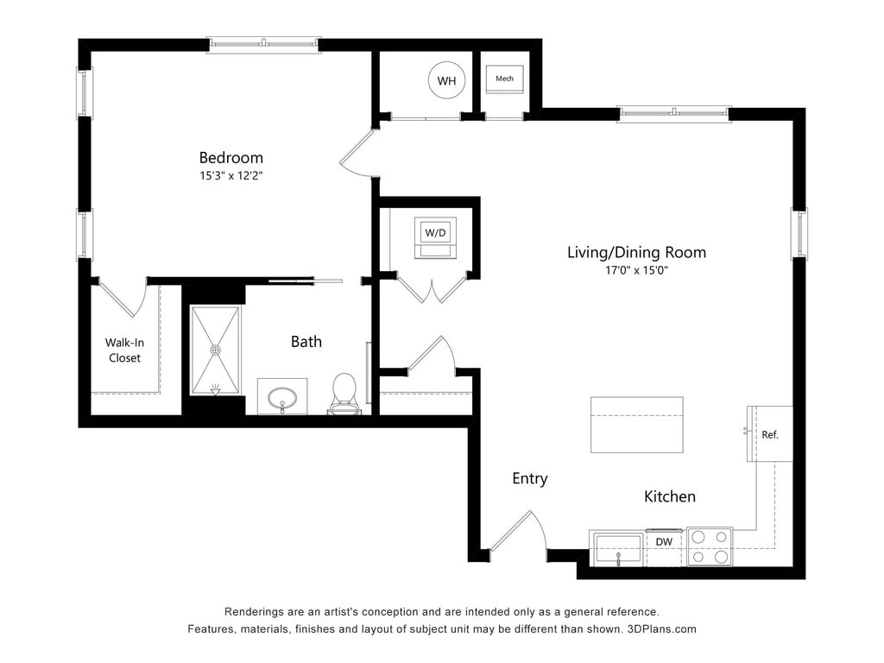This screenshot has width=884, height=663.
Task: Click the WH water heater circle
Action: tap(446, 80)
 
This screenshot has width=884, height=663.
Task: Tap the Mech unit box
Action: tap(504, 79)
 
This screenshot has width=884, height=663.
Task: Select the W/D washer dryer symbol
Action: tap(435, 237)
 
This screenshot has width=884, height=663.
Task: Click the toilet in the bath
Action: tap(344, 394)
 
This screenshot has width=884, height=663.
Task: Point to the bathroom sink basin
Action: tap(282, 399)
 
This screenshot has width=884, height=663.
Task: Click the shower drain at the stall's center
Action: tap(215, 350)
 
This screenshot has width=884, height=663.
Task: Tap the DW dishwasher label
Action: tap(664, 542)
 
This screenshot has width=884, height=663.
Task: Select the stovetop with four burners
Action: tap(710, 546)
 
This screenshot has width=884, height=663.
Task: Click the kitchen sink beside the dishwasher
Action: tap(618, 550)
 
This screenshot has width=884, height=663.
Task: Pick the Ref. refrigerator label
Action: tap(769, 435)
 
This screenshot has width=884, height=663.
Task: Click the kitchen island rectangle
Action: tap(637, 425)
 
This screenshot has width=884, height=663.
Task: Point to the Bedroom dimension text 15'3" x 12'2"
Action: tap(231, 175)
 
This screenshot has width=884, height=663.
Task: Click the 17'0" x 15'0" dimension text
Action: tap(636, 270)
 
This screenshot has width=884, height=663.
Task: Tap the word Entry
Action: tap(530, 478)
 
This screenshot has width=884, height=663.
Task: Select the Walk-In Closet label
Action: tap(124, 350)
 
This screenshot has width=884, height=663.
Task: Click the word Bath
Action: tap(306, 342)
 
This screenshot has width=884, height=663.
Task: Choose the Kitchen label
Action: tap(670, 496)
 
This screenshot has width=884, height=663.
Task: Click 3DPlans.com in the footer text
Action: tap(662, 629)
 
